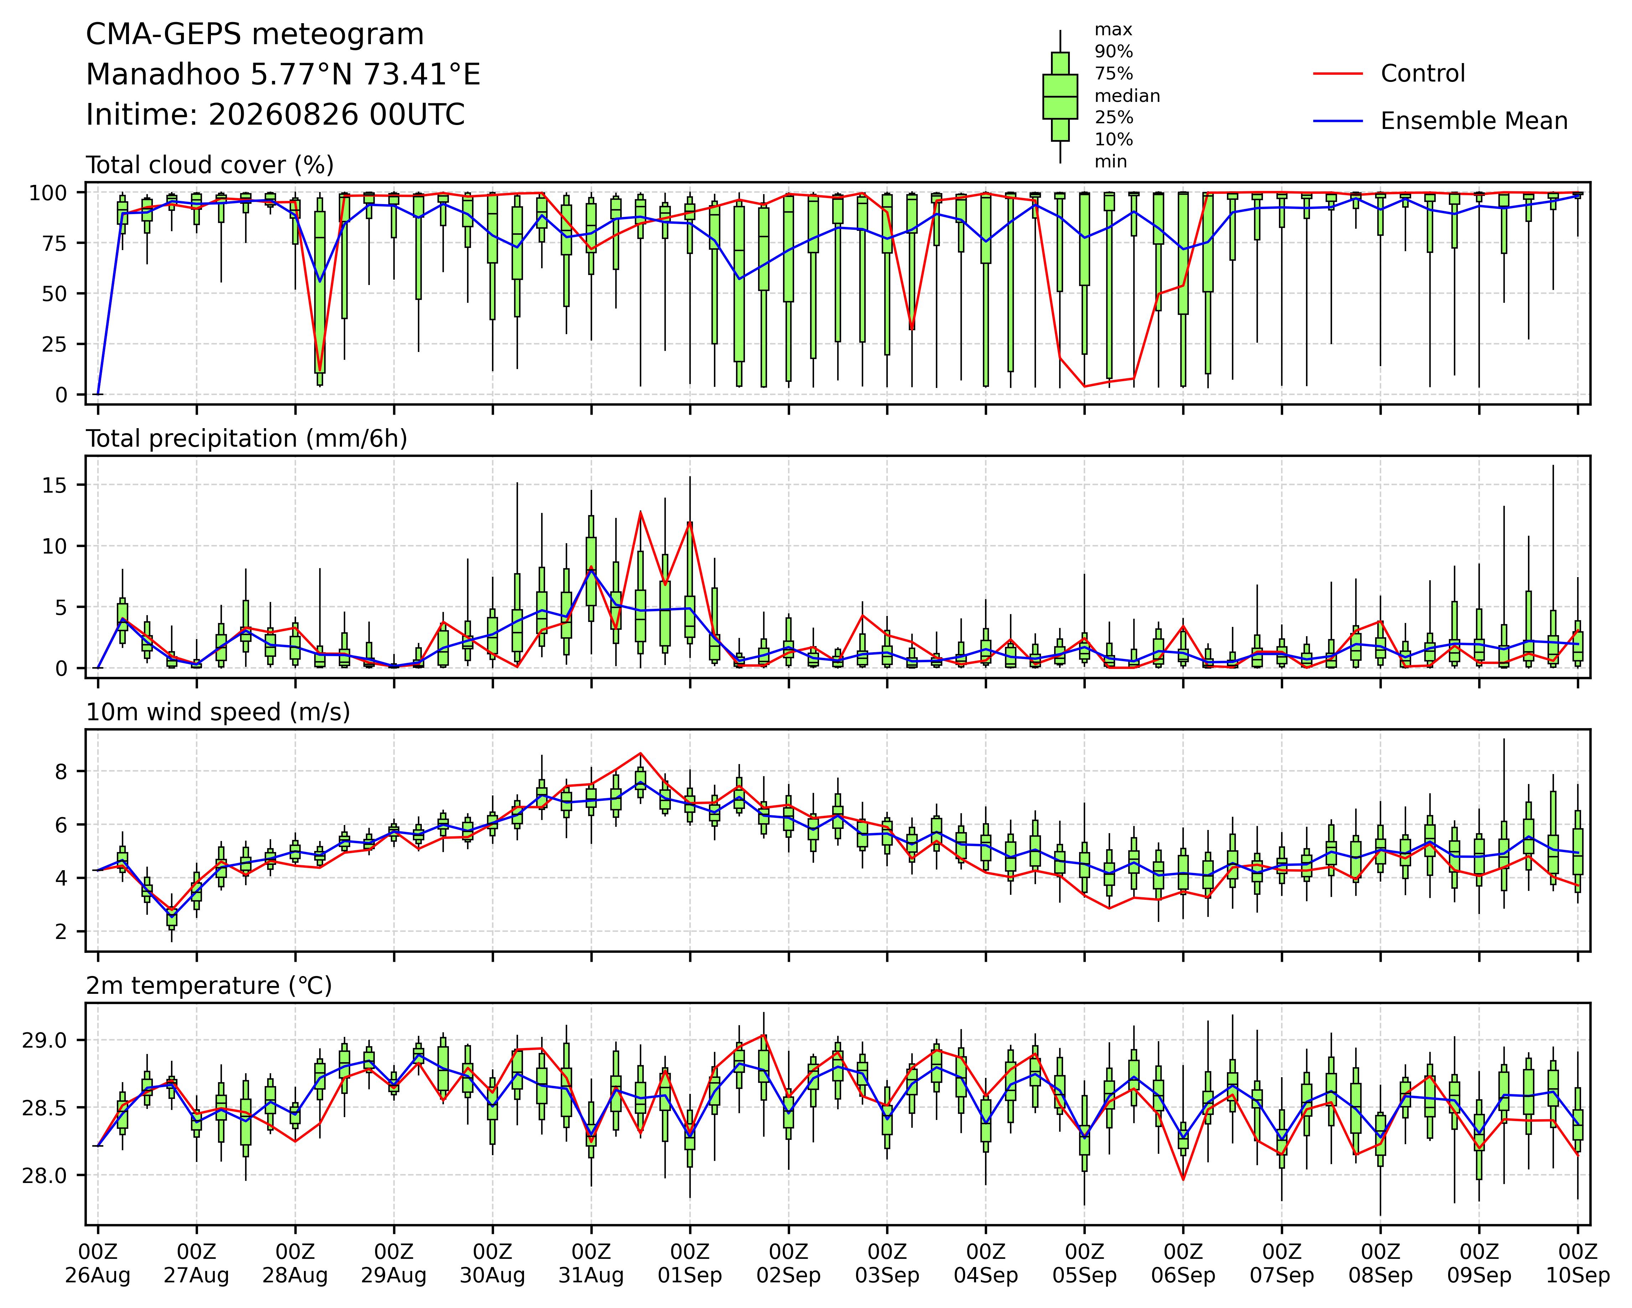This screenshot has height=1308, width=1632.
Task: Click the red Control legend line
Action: coord(1337,73)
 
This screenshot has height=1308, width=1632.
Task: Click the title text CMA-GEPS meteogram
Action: coord(255,35)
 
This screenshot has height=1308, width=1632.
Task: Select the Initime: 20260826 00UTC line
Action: coord(275,115)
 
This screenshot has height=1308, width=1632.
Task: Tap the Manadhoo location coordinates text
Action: coord(283,75)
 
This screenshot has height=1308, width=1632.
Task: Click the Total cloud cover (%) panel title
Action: coord(210,165)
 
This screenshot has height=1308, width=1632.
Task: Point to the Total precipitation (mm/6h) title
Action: coord(247,439)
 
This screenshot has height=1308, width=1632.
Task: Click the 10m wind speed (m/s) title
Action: coord(218,712)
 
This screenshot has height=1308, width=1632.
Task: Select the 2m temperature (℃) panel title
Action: coord(209,986)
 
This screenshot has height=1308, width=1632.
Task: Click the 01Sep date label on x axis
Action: coord(690,1276)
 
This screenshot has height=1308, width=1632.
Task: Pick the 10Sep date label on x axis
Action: coord(1577,1276)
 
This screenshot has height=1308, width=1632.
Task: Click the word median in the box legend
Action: coord(1127,96)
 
